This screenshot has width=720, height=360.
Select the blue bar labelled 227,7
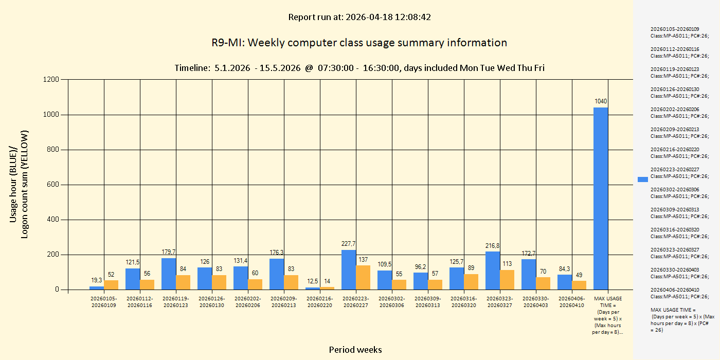coord(349,269)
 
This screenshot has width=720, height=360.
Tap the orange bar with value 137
coord(363,278)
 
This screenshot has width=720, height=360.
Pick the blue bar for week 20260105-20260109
coord(97,288)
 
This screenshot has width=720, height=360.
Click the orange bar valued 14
coord(327,288)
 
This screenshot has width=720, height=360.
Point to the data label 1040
coord(601,101)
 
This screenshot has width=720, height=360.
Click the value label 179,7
coord(169,251)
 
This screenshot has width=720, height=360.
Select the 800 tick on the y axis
coord(52,150)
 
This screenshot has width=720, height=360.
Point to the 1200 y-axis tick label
coord(50,80)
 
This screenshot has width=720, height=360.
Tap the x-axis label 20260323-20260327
coord(500,302)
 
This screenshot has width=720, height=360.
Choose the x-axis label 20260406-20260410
coord(572,302)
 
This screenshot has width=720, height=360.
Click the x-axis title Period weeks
coord(355,350)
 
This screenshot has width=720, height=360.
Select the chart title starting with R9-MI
coord(359,43)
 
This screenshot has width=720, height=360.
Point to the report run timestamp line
coord(359,17)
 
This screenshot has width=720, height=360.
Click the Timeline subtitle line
coord(359,68)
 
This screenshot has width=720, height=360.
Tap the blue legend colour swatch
coord(643,179)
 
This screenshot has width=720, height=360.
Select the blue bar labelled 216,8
coord(493,271)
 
